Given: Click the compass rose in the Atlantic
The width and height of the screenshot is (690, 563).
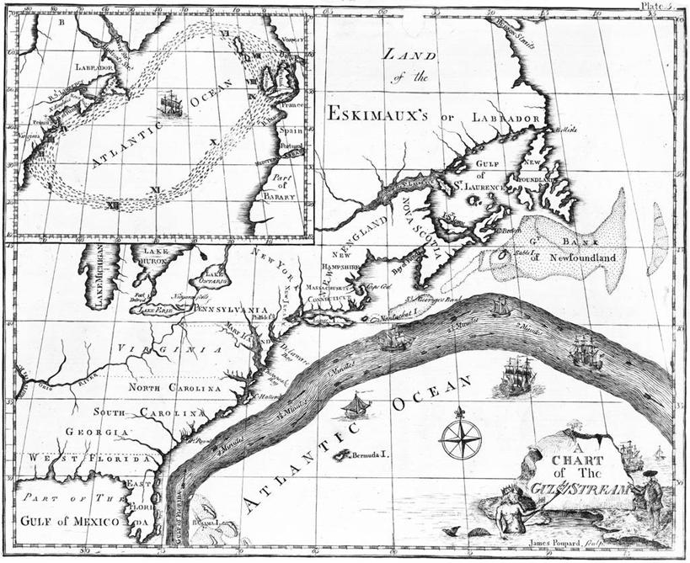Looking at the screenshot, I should click(x=461, y=438).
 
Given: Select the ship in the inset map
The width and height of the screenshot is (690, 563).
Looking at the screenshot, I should click(x=171, y=104).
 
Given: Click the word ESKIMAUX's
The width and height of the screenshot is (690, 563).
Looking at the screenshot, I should click(x=379, y=112).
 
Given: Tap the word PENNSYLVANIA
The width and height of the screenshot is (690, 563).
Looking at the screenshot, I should click(x=230, y=310).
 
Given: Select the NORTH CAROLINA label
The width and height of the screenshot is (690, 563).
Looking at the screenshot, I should click(x=174, y=388).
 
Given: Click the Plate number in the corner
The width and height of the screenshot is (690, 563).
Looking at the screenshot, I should click(x=657, y=5).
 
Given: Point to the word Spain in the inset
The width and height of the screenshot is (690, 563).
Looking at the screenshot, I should click(x=291, y=132).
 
